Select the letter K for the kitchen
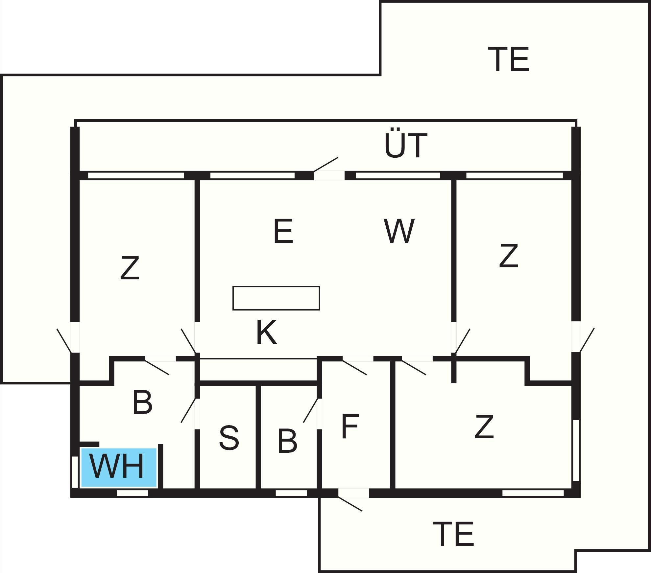tap(266, 332)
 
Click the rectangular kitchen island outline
tap(276, 298)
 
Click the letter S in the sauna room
tap(229, 437)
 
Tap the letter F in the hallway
tap(350, 426)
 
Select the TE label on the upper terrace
tap(509, 59)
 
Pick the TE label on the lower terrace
tap(453, 534)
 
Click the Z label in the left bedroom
tap(130, 268)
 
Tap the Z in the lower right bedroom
tap(484, 426)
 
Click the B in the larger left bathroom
tap(142, 402)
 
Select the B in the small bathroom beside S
tap(287, 441)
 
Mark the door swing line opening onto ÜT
tap(326, 164)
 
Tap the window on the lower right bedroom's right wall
tap(576, 450)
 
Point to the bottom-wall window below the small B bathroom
tap(291, 493)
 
